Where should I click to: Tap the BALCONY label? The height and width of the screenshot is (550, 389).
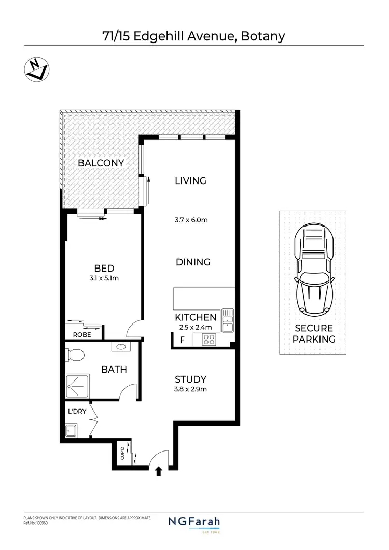[x=101, y=163]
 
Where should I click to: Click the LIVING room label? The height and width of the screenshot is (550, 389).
[x=190, y=181]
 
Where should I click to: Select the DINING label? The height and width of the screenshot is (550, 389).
[x=193, y=262]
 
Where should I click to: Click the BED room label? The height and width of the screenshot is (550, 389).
[x=104, y=268]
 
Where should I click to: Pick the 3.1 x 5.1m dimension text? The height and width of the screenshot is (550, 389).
[x=104, y=279]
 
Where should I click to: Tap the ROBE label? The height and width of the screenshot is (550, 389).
[x=82, y=335]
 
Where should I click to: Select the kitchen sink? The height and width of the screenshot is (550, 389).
[x=228, y=319]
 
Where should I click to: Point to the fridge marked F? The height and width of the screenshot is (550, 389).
[x=182, y=340]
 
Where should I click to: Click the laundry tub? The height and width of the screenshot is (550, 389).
[x=72, y=430]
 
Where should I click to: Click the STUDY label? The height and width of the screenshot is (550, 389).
[x=190, y=379]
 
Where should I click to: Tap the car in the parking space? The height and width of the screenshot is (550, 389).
[x=313, y=271]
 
